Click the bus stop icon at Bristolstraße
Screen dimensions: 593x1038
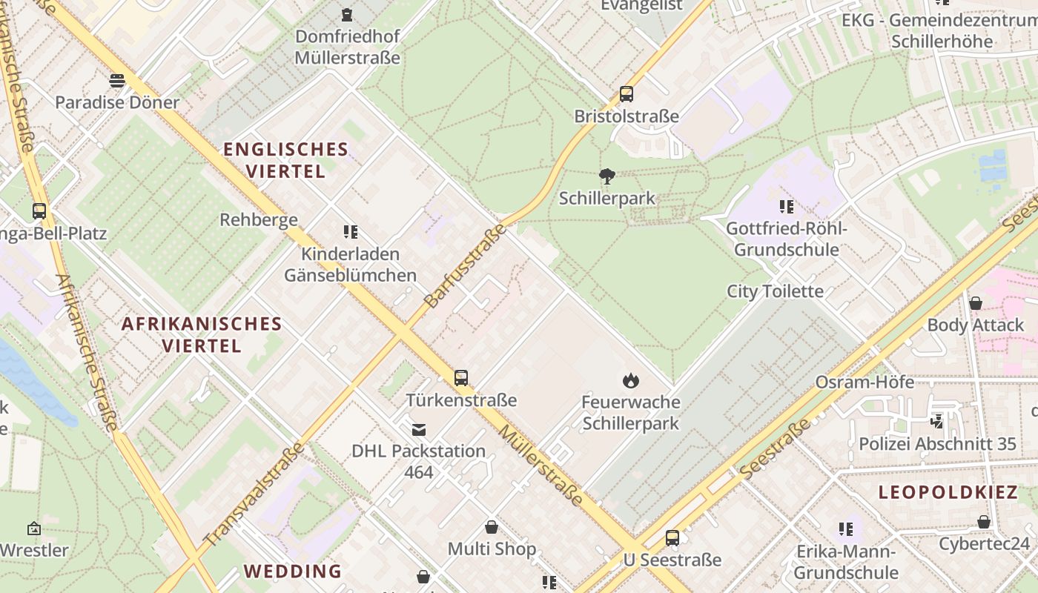(627, 94)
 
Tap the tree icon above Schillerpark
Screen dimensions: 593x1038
(606, 176)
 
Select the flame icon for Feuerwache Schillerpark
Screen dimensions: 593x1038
(630, 381)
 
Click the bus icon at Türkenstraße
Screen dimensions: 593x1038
(461, 378)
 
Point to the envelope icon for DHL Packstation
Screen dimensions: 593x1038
(419, 429)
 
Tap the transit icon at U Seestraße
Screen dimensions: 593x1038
(672, 538)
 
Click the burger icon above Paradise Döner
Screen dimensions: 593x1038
(117, 80)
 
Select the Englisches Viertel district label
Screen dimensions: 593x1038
(285, 160)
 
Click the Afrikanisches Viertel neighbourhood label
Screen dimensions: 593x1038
(202, 334)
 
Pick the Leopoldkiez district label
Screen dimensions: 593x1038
(948, 492)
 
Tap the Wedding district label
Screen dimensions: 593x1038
(293, 572)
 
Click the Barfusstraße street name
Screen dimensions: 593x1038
(465, 265)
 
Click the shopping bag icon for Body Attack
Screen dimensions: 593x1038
(976, 303)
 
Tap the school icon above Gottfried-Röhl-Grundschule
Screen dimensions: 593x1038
(786, 206)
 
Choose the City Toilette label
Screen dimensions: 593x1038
(775, 291)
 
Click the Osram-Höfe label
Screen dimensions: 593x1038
(865, 382)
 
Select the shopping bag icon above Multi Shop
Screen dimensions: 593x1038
(491, 527)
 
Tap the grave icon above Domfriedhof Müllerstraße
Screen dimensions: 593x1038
(346, 14)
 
